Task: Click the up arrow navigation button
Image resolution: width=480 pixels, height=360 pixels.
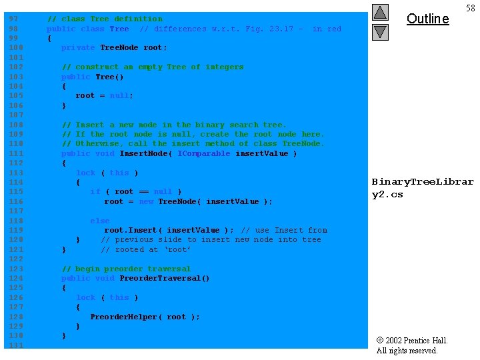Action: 380,12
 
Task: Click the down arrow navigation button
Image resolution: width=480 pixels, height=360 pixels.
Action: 380,31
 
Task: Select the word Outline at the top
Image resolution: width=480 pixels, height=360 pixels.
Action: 427,19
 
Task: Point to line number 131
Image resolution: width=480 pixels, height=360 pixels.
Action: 15,345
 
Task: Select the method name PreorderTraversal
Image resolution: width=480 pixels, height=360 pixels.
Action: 165,278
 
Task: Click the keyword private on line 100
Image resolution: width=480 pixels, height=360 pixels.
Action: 78,47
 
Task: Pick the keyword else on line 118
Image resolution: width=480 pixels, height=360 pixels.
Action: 100,221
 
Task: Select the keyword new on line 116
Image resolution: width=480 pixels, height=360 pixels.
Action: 146,201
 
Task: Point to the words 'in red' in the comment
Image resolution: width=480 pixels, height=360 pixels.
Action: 327,29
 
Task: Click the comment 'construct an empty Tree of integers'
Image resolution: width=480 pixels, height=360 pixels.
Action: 153,67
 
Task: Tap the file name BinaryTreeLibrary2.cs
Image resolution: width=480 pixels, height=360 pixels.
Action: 422,188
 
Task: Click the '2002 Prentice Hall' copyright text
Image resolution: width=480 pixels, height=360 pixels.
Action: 411,341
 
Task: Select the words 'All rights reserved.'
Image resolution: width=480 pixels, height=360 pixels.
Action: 407,351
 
